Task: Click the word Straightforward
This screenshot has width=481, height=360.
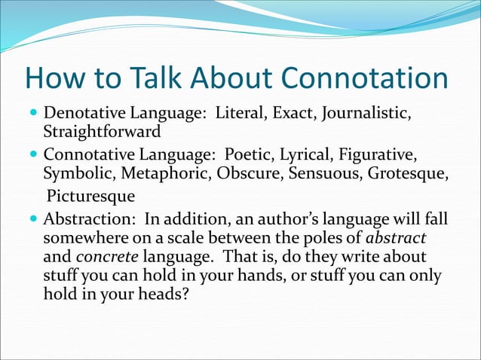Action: point(102,133)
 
